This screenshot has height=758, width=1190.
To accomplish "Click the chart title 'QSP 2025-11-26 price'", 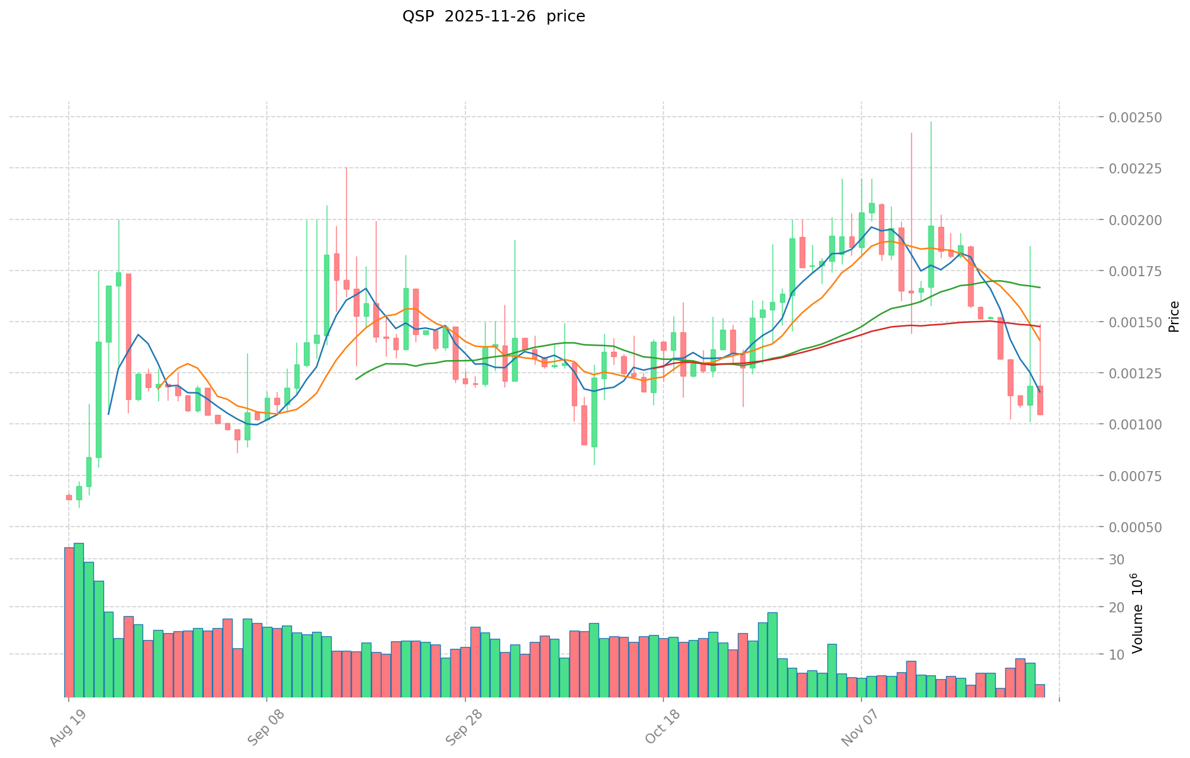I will point(493,16).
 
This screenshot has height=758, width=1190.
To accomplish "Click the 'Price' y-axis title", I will point(1174,317).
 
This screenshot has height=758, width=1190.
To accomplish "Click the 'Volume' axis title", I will point(1137,613).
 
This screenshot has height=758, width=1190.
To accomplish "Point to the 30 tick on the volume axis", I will point(1117,559).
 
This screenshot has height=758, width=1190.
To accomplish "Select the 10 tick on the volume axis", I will point(1117,655).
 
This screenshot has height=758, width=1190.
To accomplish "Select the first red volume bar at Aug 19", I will point(69,622).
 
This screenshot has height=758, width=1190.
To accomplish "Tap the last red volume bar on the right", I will point(1040,691).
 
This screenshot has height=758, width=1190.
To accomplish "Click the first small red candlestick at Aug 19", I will point(69,498).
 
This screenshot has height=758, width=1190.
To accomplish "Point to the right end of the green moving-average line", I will point(1040,288).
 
